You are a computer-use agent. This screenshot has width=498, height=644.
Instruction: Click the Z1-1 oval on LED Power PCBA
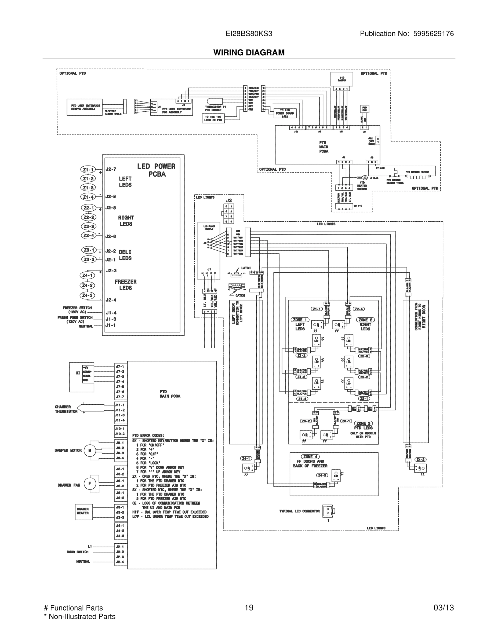(x=88, y=170)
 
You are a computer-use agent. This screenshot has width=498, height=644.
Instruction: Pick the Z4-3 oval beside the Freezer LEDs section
(x=87, y=295)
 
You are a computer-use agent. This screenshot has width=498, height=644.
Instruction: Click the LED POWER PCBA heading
(x=156, y=170)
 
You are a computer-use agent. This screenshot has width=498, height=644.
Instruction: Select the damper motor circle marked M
(x=90, y=450)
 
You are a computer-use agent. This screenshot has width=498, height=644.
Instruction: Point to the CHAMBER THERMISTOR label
(x=66, y=409)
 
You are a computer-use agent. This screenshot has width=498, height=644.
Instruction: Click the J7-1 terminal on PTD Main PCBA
(x=120, y=367)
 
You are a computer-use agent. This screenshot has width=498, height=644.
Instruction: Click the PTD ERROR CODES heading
(x=148, y=436)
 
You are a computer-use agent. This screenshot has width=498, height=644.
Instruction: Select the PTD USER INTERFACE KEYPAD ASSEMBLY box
(x=84, y=107)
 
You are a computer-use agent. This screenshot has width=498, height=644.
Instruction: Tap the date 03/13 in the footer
(x=444, y=608)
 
